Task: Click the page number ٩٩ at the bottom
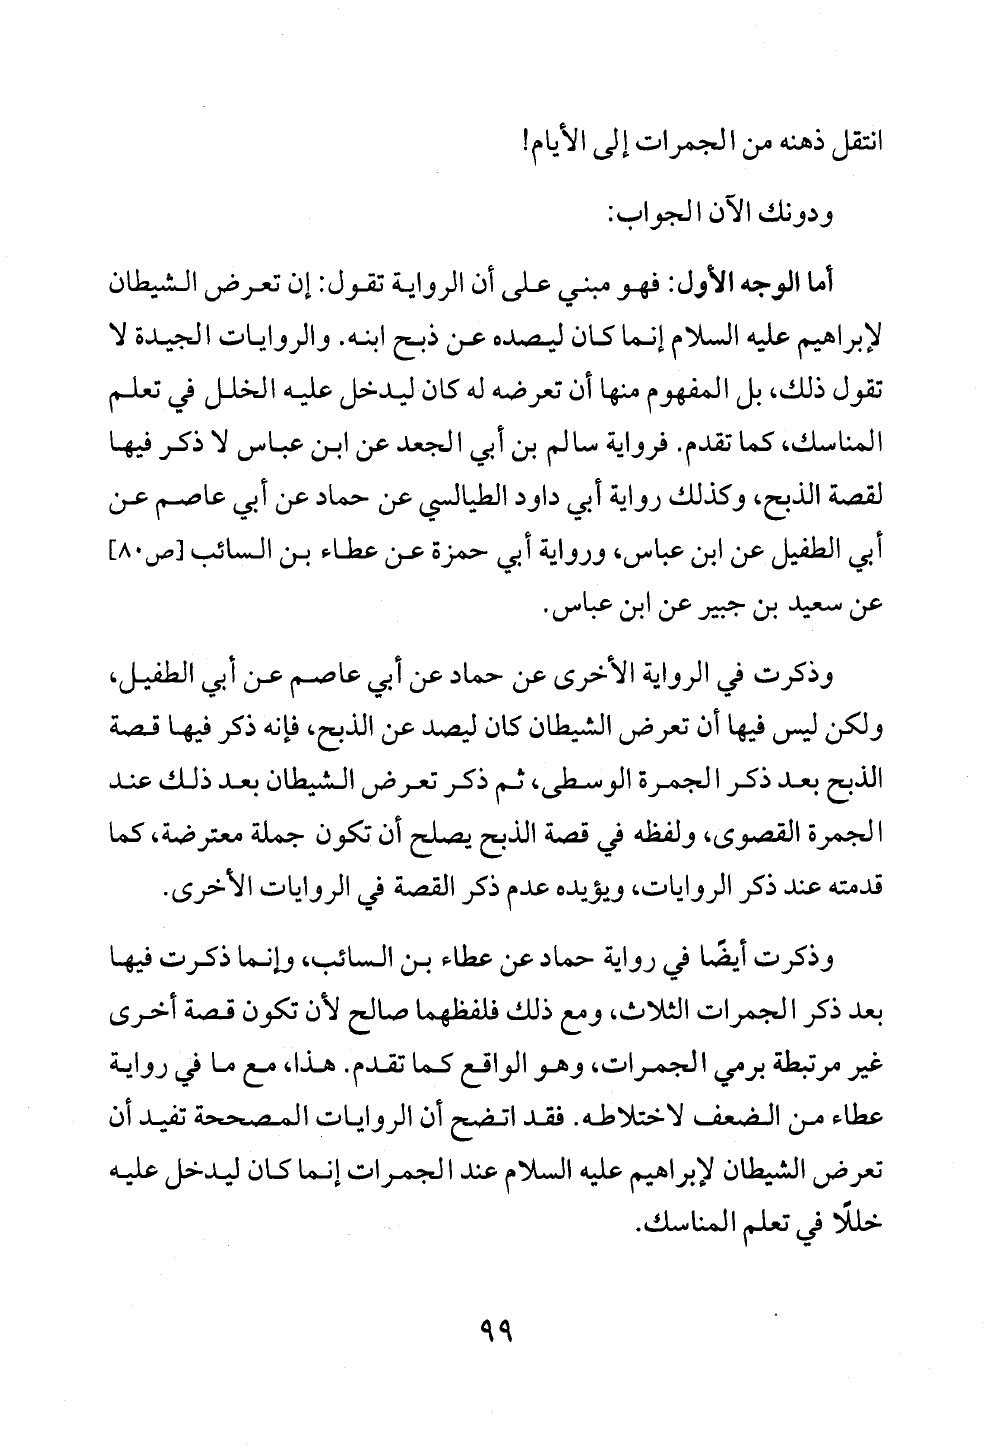(x=495, y=1331)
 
